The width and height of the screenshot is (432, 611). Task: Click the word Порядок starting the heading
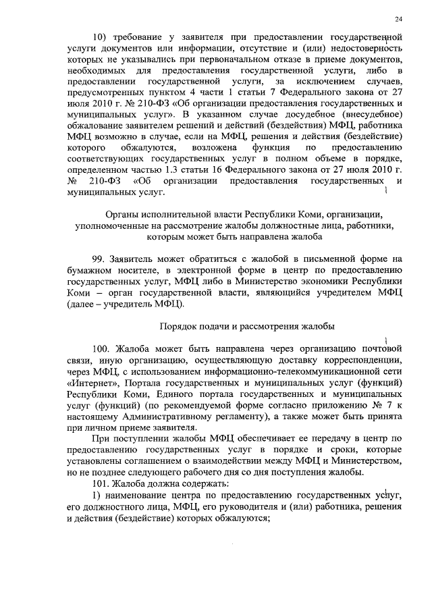tap(178, 326)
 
